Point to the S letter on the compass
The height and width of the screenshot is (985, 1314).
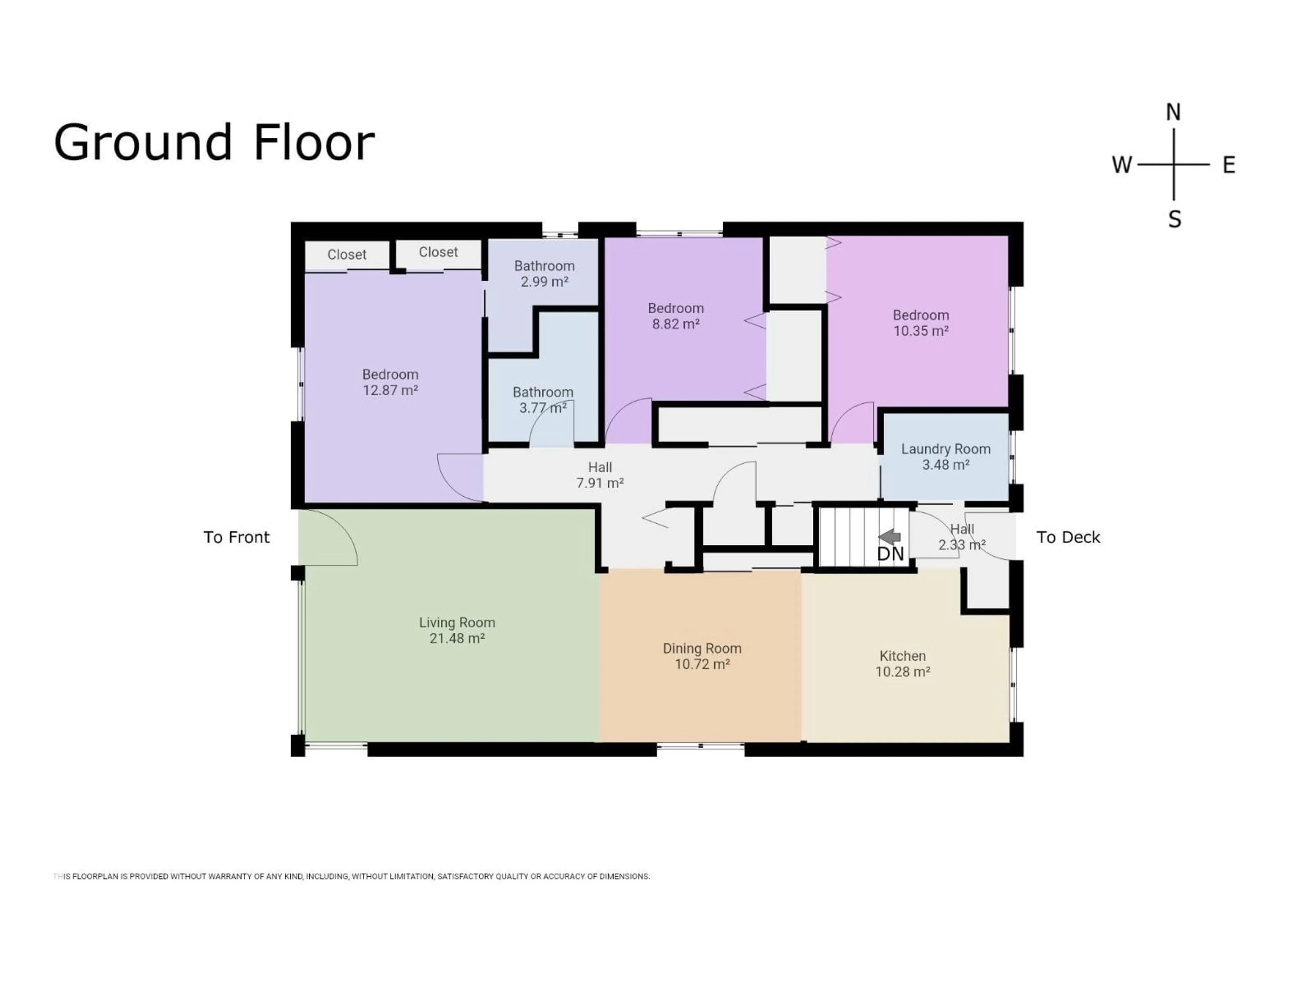click(x=1174, y=220)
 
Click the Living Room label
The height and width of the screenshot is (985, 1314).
click(x=457, y=630)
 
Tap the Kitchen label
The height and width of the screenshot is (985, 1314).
click(x=902, y=663)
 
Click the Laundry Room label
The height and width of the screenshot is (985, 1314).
click(x=945, y=457)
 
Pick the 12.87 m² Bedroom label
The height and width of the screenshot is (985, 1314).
click(x=390, y=382)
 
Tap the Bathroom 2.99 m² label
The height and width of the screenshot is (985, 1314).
click(x=544, y=274)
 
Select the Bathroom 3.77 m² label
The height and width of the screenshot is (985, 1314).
click(x=543, y=399)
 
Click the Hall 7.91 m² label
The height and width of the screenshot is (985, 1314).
click(x=600, y=475)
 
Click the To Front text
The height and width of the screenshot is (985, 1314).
click(x=236, y=537)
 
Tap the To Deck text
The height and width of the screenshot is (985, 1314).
click(x=1068, y=537)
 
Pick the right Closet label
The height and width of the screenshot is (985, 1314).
click(x=438, y=252)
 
